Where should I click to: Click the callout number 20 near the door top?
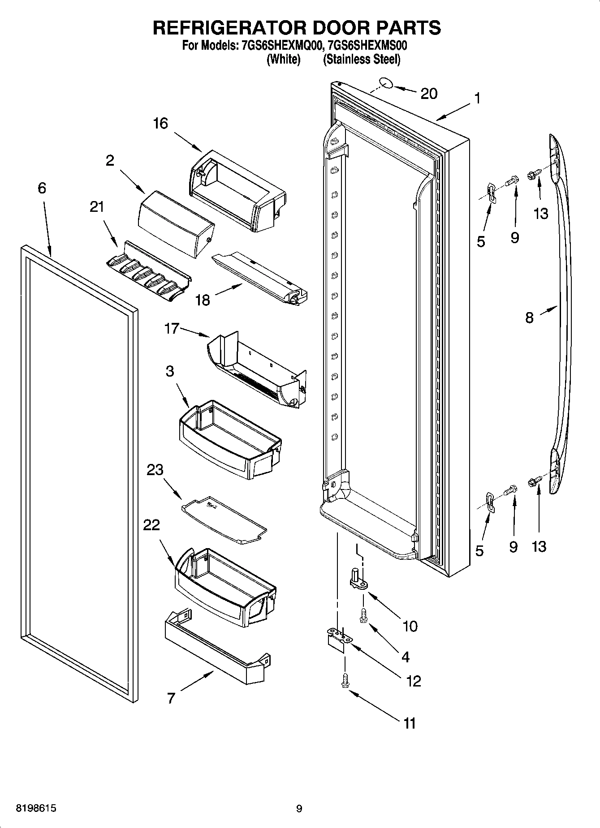tap(429, 94)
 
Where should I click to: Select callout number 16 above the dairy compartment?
tap(160, 123)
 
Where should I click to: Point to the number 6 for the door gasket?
tap(42, 188)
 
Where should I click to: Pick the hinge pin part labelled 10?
tap(358, 581)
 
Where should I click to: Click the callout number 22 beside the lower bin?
tap(151, 525)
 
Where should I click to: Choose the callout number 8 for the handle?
tap(529, 318)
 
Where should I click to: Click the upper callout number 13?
tap(541, 214)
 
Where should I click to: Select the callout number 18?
tap(203, 300)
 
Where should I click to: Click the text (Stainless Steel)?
tap(362, 59)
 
